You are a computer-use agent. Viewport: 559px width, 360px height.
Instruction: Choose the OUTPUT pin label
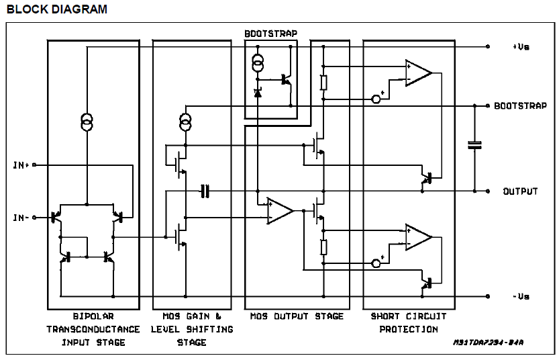(x=521, y=191)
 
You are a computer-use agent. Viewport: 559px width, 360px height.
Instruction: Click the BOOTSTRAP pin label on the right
(x=521, y=106)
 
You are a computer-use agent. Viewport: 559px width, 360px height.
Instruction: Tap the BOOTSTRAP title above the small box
(x=272, y=33)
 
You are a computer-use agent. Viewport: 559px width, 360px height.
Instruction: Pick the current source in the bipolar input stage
(x=87, y=121)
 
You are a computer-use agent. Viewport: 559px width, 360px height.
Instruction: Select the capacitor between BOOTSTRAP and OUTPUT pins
(x=475, y=144)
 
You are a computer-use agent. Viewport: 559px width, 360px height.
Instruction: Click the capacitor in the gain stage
(x=205, y=191)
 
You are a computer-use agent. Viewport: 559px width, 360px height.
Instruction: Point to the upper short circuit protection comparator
(x=417, y=73)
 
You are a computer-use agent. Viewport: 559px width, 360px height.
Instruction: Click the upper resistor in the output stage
(x=323, y=82)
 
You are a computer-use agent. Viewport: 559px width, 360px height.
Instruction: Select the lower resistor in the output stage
(x=323, y=246)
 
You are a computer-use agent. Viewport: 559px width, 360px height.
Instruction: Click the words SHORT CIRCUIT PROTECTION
(x=409, y=322)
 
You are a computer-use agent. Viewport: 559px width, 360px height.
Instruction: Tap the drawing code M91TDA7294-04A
(x=487, y=343)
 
